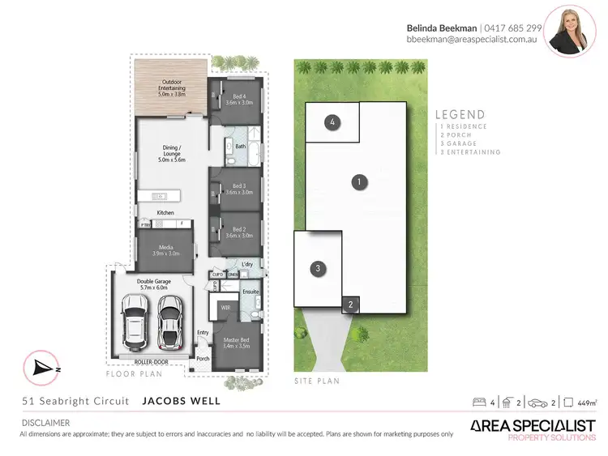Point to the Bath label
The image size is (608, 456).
point(241,147)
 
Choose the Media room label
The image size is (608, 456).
point(165,249)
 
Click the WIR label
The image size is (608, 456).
point(225,308)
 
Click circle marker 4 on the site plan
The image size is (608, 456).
point(332,123)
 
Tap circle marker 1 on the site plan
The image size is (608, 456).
point(358,182)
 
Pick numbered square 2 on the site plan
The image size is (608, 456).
point(350,305)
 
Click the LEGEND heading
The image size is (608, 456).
point(460,115)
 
